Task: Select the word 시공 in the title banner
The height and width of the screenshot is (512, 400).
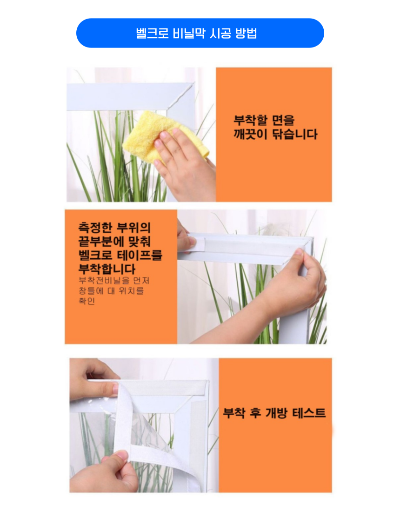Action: click(x=217, y=34)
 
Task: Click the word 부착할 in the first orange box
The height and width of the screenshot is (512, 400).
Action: click(x=250, y=121)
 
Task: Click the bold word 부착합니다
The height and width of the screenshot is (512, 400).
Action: click(x=107, y=269)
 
